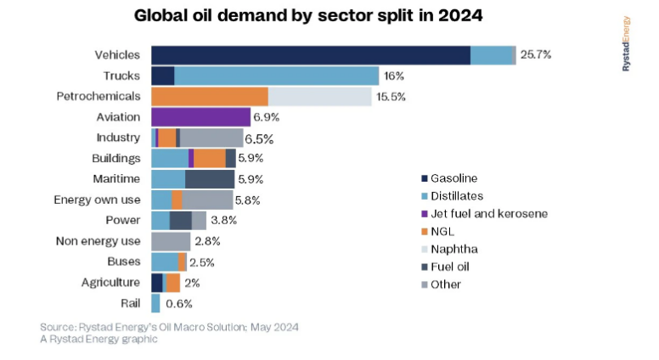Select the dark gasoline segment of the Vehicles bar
pyautogui.click(x=310, y=55)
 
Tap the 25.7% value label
pyautogui.click(x=536, y=55)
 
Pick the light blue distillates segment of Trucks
pyautogui.click(x=276, y=76)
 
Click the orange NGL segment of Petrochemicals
pyautogui.click(x=209, y=96)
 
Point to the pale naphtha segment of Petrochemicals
pyautogui.click(x=320, y=96)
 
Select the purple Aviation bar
pyautogui.click(x=200, y=116)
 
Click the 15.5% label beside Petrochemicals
pyautogui.click(x=391, y=97)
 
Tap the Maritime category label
pyautogui.click(x=116, y=178)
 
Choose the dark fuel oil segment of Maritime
pyautogui.click(x=210, y=178)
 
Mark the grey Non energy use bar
pyautogui.click(x=171, y=241)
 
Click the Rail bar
pyautogui.click(x=155, y=303)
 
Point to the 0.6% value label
pyautogui.click(x=179, y=303)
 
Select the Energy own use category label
pyautogui.click(x=97, y=200)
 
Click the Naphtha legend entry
pyautogui.click(x=454, y=249)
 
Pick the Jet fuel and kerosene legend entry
pyautogui.click(x=488, y=213)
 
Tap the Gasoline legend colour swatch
pyautogui.click(x=424, y=178)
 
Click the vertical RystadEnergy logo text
pyautogui.click(x=626, y=43)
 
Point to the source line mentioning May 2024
pyautogui.click(x=169, y=327)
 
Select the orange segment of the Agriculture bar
pyautogui.click(x=173, y=283)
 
